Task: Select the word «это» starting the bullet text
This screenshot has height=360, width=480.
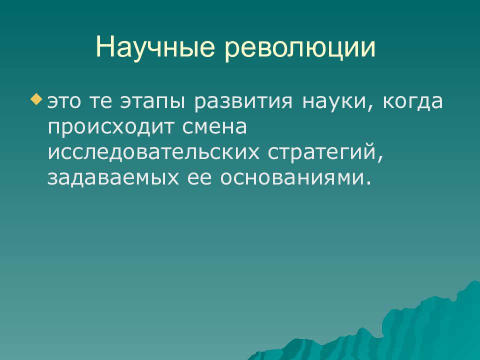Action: click(x=65, y=102)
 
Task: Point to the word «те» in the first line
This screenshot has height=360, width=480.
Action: click(x=101, y=102)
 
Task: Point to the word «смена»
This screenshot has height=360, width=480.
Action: click(x=215, y=127)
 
